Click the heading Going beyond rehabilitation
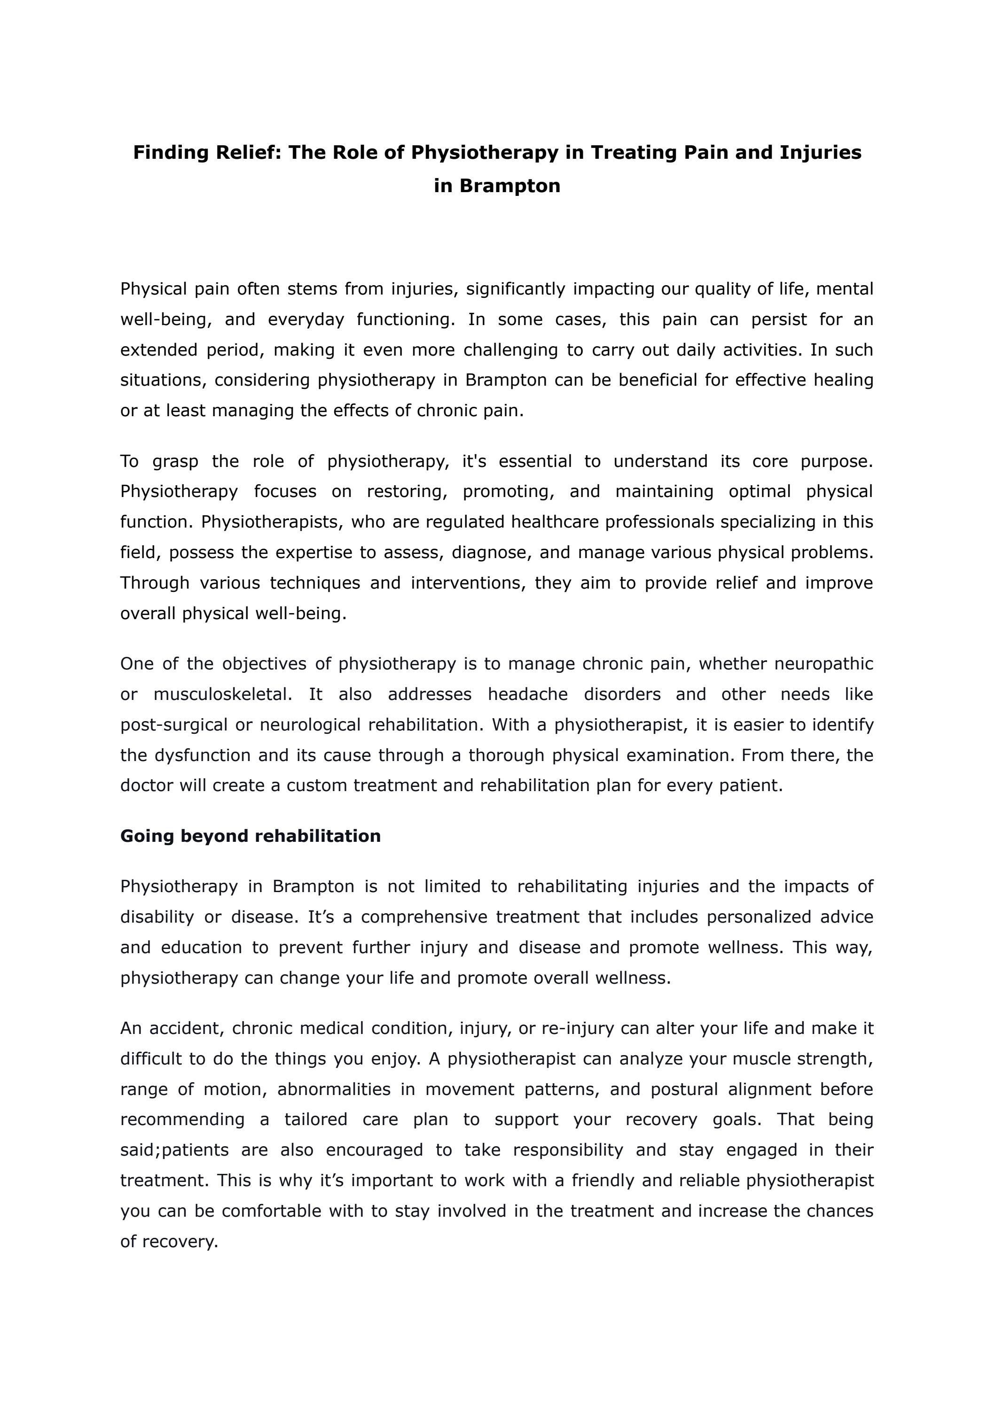[x=250, y=836]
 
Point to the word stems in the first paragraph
[x=313, y=289]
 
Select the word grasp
[x=175, y=461]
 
